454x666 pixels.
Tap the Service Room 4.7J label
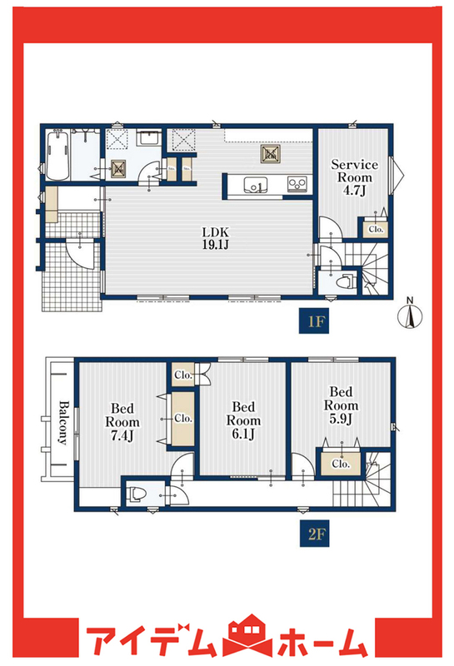tap(354, 177)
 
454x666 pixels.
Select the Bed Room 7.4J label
tap(122, 422)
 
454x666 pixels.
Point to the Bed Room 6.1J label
tap(243, 420)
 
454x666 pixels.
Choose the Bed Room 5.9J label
tap(341, 405)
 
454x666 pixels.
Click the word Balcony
tap(63, 422)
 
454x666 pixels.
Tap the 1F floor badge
tap(315, 321)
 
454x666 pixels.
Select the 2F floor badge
tap(315, 534)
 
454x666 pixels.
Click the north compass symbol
tap(410, 315)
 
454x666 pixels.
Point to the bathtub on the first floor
tap(58, 156)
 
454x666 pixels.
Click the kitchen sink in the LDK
tap(255, 185)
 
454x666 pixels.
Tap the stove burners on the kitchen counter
tap(297, 184)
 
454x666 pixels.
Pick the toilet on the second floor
tap(137, 494)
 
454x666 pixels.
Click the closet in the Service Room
tap(376, 229)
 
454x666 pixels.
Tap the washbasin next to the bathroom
tap(149, 138)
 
